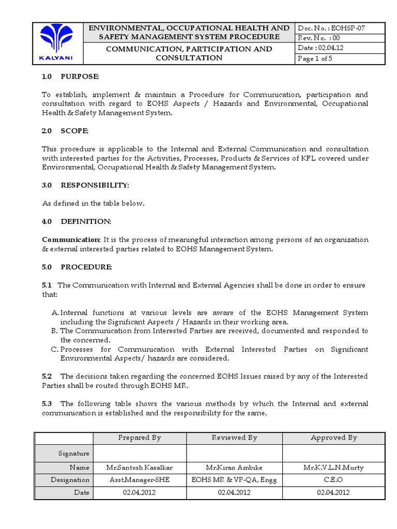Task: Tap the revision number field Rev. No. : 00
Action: tap(319, 38)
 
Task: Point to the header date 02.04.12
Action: tap(319, 48)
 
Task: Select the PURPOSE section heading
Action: tap(79, 77)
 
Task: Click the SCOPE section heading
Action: tap(74, 131)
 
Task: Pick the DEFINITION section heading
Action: tap(86, 221)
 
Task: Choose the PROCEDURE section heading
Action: tap(86, 267)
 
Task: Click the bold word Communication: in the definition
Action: tap(71, 240)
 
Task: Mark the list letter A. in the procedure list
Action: tap(55, 313)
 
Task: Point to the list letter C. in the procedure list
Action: tap(55, 349)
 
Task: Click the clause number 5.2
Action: tap(47, 376)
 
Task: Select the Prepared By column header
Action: tap(140, 438)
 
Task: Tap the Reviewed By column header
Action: tap(234, 438)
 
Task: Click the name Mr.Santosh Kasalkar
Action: tap(140, 468)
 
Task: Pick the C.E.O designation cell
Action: tap(333, 480)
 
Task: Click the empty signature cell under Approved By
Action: tap(333, 453)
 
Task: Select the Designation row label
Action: tap(70, 480)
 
